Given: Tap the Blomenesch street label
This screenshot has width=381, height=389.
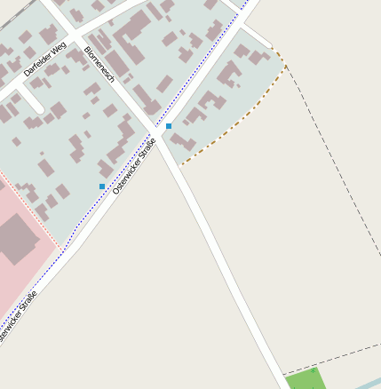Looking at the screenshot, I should tap(99, 65).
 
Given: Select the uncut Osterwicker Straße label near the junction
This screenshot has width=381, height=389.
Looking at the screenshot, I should tap(135, 166).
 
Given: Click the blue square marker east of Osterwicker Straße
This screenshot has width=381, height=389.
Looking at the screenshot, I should tap(169, 126).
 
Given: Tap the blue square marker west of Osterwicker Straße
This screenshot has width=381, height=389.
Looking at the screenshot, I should tap(102, 187).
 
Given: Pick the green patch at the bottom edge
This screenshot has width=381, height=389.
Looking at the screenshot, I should tap(306, 379).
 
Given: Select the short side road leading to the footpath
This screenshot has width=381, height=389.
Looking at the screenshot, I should tap(257, 36).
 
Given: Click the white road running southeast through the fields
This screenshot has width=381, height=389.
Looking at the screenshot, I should tap(231, 266).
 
